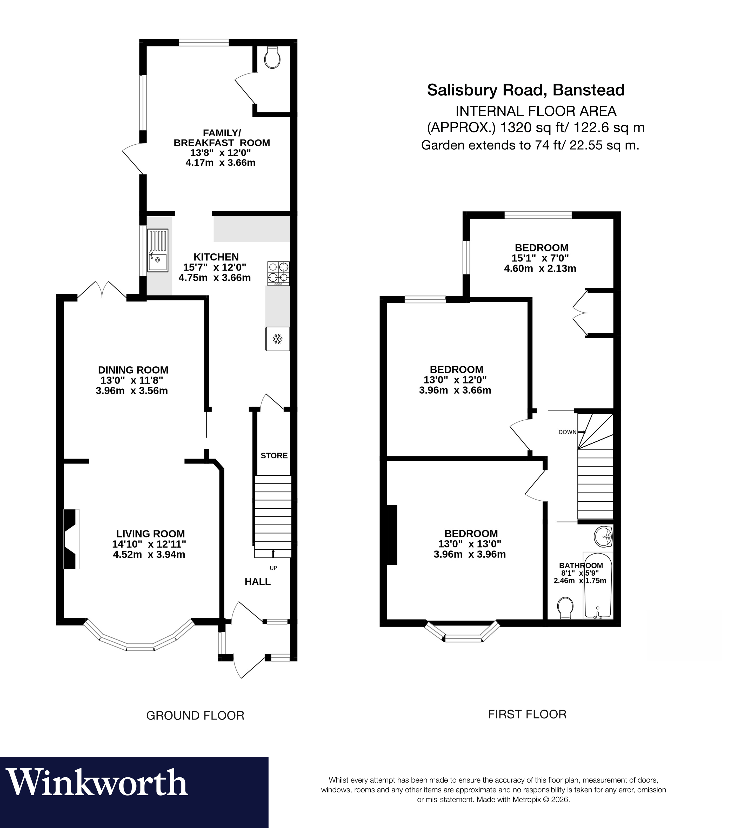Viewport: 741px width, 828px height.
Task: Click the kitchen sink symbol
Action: point(158,250)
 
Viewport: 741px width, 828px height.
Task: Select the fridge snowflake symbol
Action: point(278,339)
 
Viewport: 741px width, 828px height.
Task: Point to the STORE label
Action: point(274,455)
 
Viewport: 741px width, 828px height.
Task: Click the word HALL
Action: point(257,582)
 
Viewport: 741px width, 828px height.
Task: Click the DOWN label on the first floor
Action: point(567,432)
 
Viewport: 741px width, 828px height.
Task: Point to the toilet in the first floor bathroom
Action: point(565,607)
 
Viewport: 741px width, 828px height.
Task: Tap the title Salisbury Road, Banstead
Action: point(526,90)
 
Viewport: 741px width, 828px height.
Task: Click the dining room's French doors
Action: point(102,290)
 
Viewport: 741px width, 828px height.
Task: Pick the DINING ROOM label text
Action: point(133,370)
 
